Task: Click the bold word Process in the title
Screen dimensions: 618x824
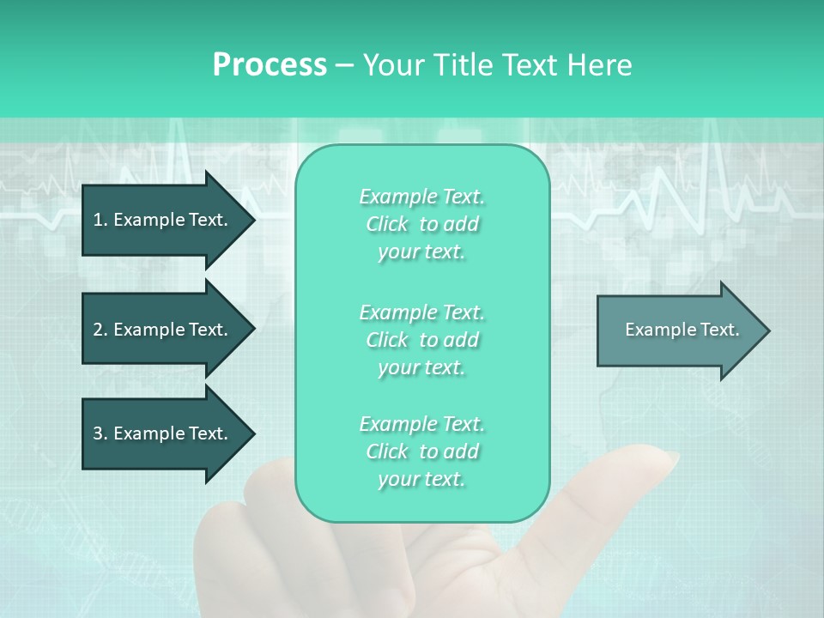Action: tap(270, 65)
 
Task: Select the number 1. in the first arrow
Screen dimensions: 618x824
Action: tap(100, 220)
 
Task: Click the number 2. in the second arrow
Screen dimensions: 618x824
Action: tap(100, 330)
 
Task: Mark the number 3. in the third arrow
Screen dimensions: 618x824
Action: tap(100, 433)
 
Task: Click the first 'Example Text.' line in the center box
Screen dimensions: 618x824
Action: tap(421, 197)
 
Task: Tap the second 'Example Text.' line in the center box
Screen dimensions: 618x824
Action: tap(421, 312)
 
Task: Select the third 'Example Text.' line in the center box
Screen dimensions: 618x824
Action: tap(421, 424)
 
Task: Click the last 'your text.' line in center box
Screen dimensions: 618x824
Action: tap(421, 480)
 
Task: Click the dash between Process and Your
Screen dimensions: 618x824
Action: tap(344, 65)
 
